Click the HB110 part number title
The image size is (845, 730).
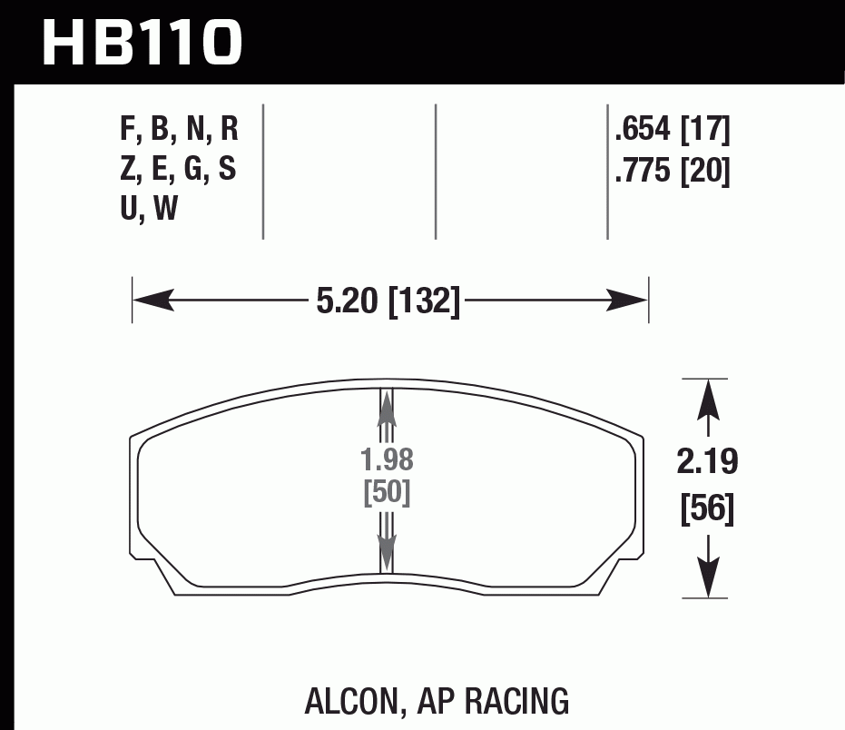[x=142, y=43]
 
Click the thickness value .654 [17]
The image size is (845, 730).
[x=672, y=131]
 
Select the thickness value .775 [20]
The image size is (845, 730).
[x=672, y=171]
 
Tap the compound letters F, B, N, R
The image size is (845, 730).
[x=179, y=131]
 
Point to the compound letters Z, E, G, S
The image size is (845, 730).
[x=179, y=170]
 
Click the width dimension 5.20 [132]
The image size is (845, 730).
[x=388, y=300]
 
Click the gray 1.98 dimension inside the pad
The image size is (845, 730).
[x=388, y=460]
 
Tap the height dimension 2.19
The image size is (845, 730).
[x=707, y=462]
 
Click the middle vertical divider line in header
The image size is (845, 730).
[x=436, y=172]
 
